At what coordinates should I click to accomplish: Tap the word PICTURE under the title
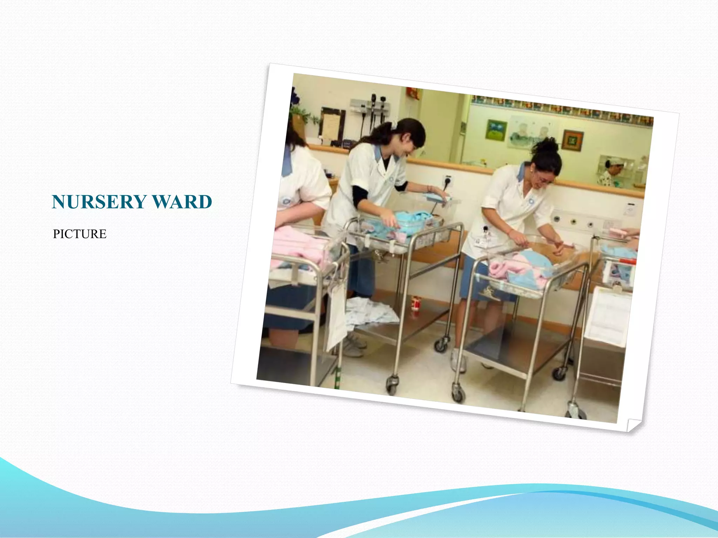point(80,234)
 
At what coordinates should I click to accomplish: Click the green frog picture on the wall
point(496,130)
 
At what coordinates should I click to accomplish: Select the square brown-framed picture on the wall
point(573,140)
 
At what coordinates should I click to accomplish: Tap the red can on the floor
point(416,303)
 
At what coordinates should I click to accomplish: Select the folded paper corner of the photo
point(634,425)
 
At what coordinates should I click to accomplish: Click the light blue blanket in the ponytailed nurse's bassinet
point(414,221)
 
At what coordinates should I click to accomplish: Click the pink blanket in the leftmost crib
point(298,245)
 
